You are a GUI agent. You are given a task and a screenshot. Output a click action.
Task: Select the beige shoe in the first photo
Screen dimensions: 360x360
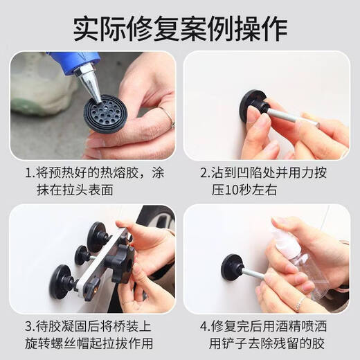42,83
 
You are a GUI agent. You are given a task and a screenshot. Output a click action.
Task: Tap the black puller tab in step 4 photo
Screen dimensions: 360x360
232,266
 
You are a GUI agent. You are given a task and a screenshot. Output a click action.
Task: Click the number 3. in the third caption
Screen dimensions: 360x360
31,323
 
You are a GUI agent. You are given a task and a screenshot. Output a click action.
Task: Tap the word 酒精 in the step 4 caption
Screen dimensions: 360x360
296,323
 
